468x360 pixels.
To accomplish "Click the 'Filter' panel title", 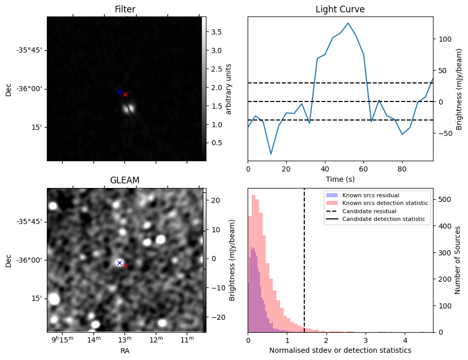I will (x=125, y=9).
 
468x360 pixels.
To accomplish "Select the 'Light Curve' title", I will (x=340, y=9).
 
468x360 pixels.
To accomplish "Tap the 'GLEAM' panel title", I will (x=125, y=180).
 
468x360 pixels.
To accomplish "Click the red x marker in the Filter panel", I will (x=125, y=94).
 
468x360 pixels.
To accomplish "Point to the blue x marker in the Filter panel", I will (x=119, y=92).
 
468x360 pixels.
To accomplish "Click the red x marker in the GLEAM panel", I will (x=125, y=266).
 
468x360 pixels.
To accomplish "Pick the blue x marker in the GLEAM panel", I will (x=119, y=263).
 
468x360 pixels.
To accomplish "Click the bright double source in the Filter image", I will (x=129, y=108).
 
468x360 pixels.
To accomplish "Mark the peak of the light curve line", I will (x=348, y=23).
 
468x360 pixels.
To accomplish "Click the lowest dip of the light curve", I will (x=271, y=153).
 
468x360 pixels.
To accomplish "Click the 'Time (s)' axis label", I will (x=340, y=179).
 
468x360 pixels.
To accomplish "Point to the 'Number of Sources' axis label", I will (x=458, y=260).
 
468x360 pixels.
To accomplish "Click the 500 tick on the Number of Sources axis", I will (x=444, y=199).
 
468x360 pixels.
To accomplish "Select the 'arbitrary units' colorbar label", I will (x=229, y=89).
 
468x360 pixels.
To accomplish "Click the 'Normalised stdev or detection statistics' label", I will (x=340, y=350).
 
